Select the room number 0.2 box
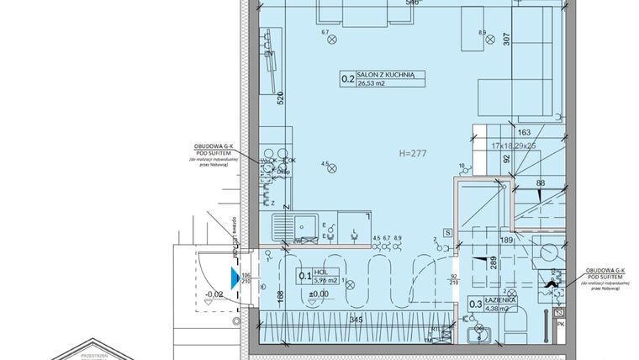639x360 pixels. click(x=346, y=80)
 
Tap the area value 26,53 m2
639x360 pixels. click(x=373, y=84)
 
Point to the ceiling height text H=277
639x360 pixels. click(x=415, y=154)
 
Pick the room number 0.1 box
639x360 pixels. click(x=305, y=275)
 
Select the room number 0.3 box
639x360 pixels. click(x=475, y=304)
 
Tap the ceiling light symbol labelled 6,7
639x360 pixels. click(x=333, y=40)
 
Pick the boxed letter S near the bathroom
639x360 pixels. click(x=447, y=231)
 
